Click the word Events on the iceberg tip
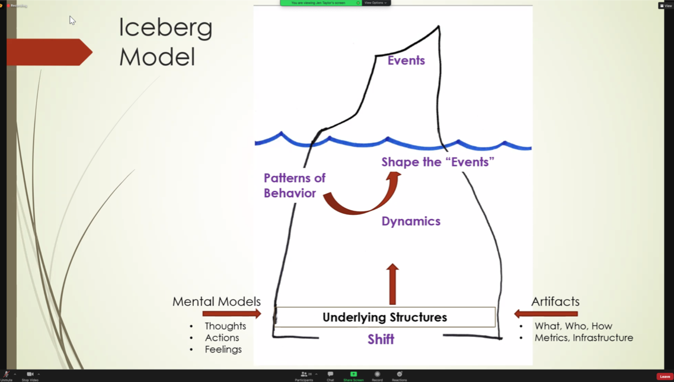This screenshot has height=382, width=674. pyautogui.click(x=406, y=60)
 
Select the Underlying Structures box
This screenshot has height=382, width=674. pyautogui.click(x=385, y=317)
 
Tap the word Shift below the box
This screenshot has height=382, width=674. pyautogui.click(x=381, y=339)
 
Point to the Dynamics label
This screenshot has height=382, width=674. pyautogui.click(x=411, y=221)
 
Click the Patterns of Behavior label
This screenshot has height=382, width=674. pyautogui.click(x=295, y=185)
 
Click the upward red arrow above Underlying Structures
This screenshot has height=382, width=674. pyautogui.click(x=392, y=284)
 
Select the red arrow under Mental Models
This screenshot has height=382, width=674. pyautogui.click(x=232, y=313)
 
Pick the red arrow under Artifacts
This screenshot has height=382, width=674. pyautogui.click(x=545, y=313)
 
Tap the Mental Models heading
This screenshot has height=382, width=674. pyautogui.click(x=216, y=301)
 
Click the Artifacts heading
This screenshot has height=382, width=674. pyautogui.click(x=555, y=301)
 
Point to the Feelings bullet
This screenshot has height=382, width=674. pyautogui.click(x=223, y=349)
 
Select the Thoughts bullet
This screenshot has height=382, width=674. pyautogui.click(x=225, y=326)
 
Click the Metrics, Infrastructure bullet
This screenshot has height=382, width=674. pyautogui.click(x=583, y=338)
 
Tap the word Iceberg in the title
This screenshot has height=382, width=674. pyautogui.click(x=165, y=28)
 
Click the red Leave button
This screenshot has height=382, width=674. pyautogui.click(x=665, y=376)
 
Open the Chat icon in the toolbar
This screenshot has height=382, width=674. pyautogui.click(x=330, y=375)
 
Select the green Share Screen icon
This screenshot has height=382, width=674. pyautogui.click(x=353, y=375)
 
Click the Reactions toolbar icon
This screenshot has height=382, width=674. pyautogui.click(x=400, y=375)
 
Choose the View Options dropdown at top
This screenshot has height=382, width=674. pyautogui.click(x=375, y=3)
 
